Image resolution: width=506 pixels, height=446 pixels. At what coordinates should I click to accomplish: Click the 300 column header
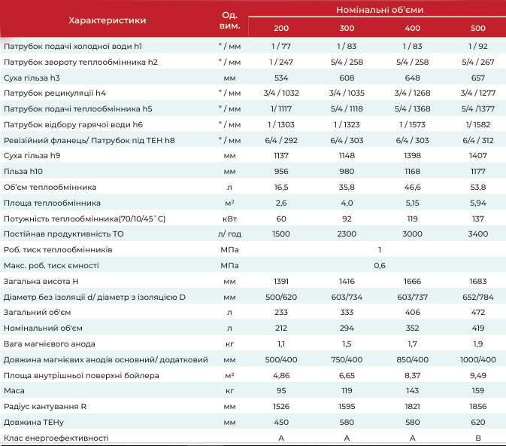click(347, 28)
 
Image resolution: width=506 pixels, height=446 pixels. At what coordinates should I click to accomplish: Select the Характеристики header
click(107, 20)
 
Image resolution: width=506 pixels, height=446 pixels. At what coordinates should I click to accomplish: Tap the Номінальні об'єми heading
click(380, 10)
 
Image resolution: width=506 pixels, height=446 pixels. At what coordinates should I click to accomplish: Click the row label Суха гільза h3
click(32, 78)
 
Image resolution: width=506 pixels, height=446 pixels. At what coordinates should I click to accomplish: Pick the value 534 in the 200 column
click(281, 78)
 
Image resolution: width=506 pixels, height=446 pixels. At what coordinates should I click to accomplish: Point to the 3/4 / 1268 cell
click(413, 93)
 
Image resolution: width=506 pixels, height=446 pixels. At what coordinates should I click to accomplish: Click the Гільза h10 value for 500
click(478, 172)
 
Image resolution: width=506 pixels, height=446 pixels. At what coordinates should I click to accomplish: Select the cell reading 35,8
click(347, 188)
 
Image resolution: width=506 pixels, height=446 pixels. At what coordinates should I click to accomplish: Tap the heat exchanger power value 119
click(413, 219)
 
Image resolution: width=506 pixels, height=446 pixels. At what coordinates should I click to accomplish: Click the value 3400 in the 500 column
click(478, 234)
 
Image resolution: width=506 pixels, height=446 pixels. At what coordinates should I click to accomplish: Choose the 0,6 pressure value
click(380, 265)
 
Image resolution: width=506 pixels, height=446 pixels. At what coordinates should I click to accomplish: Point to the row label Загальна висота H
click(41, 281)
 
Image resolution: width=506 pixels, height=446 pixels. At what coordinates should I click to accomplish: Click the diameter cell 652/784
click(478, 298)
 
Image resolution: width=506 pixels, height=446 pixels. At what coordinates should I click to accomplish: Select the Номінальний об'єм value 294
click(347, 328)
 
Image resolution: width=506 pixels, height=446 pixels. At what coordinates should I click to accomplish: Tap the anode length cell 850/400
click(413, 359)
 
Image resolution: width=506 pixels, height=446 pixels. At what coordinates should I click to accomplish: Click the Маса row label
click(14, 391)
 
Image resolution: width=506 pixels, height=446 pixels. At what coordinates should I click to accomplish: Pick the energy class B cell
click(478, 438)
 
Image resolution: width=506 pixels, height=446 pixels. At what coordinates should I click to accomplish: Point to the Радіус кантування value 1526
click(281, 407)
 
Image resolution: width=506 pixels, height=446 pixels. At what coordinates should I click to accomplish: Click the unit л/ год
click(229, 234)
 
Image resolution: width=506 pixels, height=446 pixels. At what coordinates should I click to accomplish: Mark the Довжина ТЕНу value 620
click(478, 423)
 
